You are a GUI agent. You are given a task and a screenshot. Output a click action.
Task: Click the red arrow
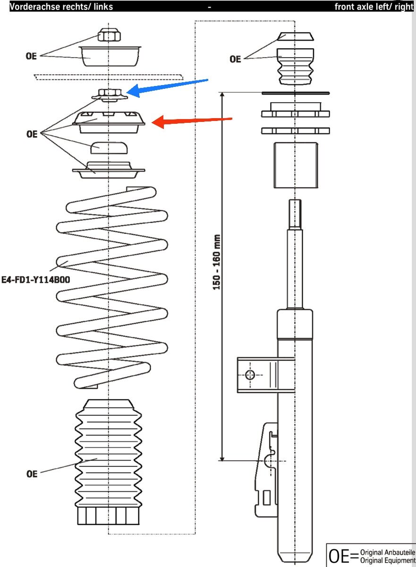click(x=192, y=121)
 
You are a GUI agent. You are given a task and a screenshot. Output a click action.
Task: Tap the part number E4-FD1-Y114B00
click(x=36, y=280)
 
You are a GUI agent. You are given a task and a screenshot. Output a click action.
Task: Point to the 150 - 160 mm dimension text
click(x=216, y=262)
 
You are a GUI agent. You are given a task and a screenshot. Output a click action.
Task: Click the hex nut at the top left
click(x=109, y=34)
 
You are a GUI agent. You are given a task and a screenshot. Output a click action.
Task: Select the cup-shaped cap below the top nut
click(x=110, y=56)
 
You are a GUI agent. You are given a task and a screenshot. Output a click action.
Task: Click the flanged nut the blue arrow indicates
click(x=110, y=95)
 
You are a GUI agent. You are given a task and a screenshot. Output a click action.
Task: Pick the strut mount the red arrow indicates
click(x=109, y=122)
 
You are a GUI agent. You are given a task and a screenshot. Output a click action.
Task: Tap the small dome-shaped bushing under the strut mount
click(x=109, y=148)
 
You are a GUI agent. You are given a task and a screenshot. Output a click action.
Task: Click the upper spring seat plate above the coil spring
click(x=109, y=170)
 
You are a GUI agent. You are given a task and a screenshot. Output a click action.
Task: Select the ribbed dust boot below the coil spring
click(x=108, y=462)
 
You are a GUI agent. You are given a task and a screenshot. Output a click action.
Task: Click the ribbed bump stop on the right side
click(x=296, y=67)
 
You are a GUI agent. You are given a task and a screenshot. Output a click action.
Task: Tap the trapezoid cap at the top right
click(x=296, y=36)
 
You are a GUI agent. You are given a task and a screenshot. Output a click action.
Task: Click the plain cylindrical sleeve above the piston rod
click(x=296, y=165)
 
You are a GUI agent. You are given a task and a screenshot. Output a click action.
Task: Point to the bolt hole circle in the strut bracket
click(x=250, y=375)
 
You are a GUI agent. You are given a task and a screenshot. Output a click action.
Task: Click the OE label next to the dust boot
click(x=32, y=474)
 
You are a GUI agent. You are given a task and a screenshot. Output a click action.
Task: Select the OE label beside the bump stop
click(x=235, y=59)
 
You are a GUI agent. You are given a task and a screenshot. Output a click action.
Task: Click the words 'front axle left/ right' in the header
click(x=374, y=7)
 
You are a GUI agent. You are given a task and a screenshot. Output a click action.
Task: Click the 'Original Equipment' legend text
click(x=388, y=561)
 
